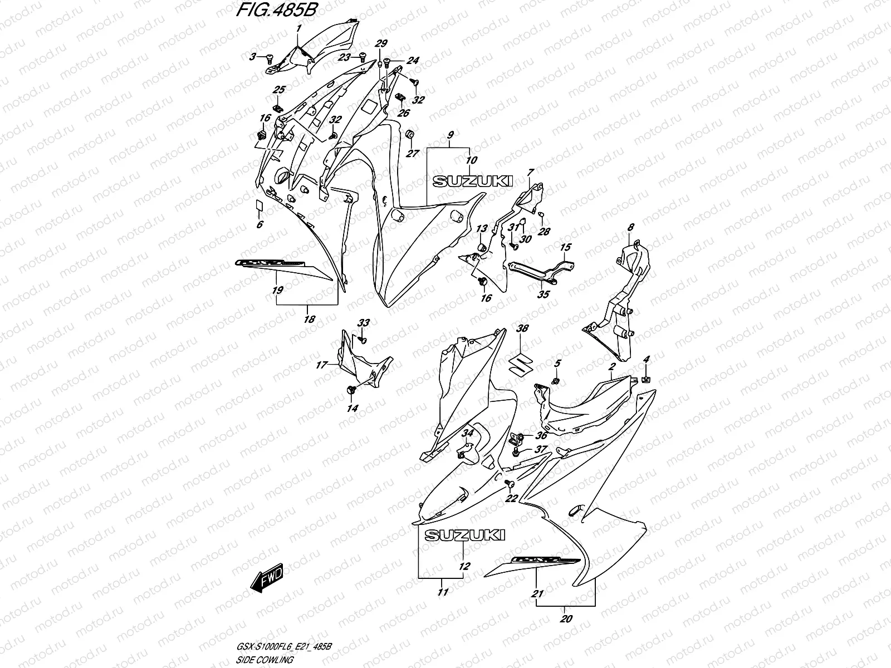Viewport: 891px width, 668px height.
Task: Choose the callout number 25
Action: tap(278, 90)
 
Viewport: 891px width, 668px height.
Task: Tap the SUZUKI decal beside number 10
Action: tap(473, 181)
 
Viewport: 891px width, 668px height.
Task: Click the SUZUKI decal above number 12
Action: tap(464, 535)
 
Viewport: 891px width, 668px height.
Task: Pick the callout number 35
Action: tap(544, 294)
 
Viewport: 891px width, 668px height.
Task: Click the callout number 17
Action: tap(321, 365)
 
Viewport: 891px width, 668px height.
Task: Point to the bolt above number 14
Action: tap(351, 389)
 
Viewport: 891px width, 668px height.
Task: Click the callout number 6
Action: tap(260, 224)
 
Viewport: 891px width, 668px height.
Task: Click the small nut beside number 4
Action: tap(646, 380)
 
